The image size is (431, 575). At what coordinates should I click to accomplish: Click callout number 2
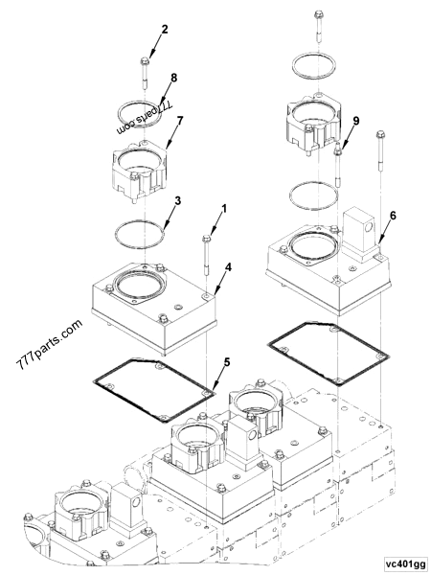[x=165, y=30]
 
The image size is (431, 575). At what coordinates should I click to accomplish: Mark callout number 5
[x=226, y=362]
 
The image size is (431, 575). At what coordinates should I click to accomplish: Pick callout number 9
[x=356, y=122]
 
